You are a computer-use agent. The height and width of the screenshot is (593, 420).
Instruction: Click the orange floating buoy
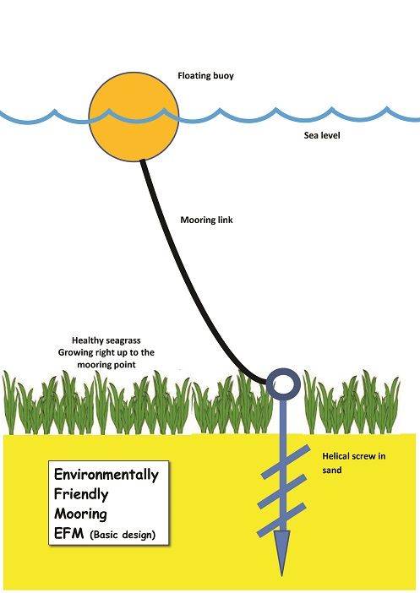pyautogui.click(x=134, y=117)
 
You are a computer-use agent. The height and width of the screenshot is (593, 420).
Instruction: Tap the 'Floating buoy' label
pyautogui.click(x=206, y=76)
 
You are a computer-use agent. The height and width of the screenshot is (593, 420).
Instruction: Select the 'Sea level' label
pyautogui.click(x=322, y=135)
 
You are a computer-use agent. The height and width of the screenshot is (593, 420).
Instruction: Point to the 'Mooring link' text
pyautogui.click(x=206, y=220)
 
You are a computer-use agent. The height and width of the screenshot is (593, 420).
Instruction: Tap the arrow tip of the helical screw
pyautogui.click(x=282, y=575)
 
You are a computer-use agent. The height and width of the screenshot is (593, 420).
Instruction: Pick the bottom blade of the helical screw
pyautogui.click(x=281, y=520)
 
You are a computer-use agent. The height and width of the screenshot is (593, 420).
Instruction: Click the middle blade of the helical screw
pyautogui.click(x=281, y=492)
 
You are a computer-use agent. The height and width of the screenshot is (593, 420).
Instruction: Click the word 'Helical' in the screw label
pyautogui.click(x=336, y=456)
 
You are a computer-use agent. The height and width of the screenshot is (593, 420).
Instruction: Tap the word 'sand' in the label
pyautogui.click(x=332, y=470)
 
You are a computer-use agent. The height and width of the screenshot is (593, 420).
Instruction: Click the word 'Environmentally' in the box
pyautogui.click(x=106, y=475)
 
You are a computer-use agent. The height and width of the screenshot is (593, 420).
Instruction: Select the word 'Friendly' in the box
pyautogui.click(x=81, y=494)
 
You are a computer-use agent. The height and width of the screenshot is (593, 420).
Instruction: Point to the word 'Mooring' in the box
pyautogui.click(x=80, y=514)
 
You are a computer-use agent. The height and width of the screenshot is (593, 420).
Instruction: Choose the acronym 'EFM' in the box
pyautogui.click(x=68, y=533)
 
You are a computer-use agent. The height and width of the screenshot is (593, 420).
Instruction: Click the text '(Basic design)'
pyautogui.click(x=123, y=535)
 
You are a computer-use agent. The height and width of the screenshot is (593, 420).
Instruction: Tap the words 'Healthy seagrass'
pyautogui.click(x=106, y=340)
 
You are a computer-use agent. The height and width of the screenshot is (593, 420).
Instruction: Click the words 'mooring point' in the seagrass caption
pyautogui.click(x=106, y=365)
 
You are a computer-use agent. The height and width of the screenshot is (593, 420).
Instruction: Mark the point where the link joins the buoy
pyautogui.click(x=142, y=160)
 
